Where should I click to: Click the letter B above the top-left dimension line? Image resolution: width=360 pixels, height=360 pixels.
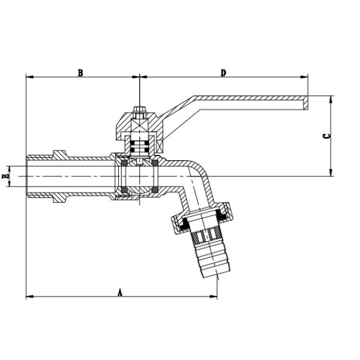pos(80,73)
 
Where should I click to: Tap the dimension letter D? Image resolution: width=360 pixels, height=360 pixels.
pos(223,73)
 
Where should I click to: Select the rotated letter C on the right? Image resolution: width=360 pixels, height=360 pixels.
pos(327,136)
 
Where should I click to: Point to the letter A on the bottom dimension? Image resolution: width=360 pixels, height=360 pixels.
pos(120,293)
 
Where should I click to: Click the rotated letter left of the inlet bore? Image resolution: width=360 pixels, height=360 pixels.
pos(5,176)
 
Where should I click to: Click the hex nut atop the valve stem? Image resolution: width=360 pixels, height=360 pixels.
pos(139,110)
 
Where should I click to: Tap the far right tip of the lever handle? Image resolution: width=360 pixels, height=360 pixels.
pos(308,103)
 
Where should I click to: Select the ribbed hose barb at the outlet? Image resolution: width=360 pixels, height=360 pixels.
pos(211,253)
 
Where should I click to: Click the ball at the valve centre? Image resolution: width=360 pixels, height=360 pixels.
pos(139,176)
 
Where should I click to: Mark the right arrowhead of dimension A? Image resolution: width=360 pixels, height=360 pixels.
pos(214,296)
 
